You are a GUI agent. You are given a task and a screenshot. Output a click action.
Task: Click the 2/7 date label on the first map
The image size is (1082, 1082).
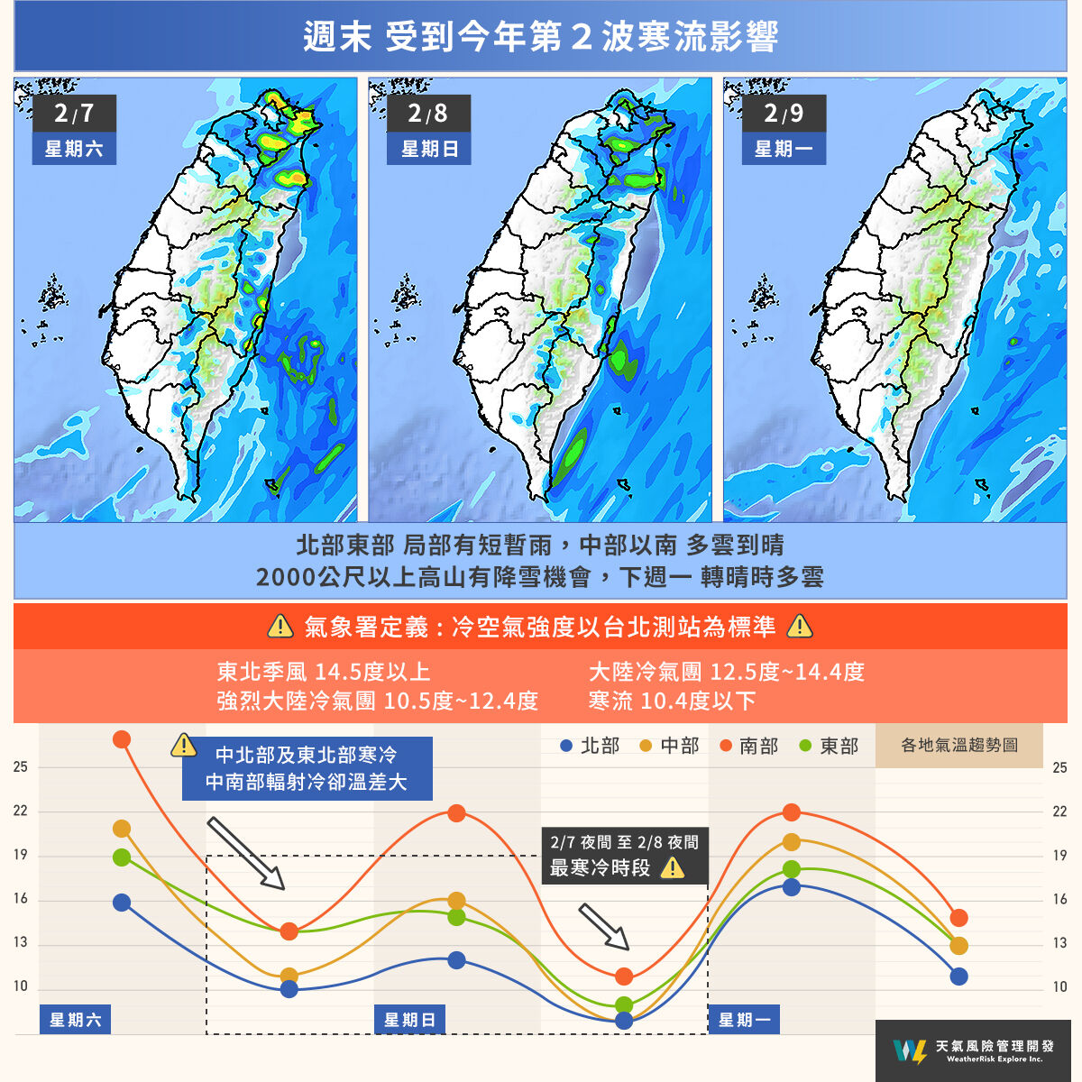[x=73, y=114]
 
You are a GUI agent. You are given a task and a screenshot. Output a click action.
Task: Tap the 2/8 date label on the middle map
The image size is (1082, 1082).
[x=427, y=114]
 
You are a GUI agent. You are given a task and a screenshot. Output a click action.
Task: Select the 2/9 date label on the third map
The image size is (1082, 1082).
[x=783, y=114]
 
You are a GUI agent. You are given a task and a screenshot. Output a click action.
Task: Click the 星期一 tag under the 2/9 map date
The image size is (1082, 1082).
[x=783, y=149]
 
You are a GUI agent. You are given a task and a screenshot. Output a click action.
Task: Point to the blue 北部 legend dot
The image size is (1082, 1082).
[x=566, y=747]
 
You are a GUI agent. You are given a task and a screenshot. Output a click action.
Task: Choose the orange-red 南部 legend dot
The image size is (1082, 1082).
[x=726, y=747]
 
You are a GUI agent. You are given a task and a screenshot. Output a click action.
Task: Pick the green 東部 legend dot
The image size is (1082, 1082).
[x=805, y=747]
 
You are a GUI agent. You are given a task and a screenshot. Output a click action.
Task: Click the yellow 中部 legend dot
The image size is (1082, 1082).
[x=646, y=747]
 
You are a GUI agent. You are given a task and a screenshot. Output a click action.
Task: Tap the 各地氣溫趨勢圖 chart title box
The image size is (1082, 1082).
[x=959, y=746]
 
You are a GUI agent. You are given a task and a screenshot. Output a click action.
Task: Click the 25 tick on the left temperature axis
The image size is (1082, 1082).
[x=21, y=767]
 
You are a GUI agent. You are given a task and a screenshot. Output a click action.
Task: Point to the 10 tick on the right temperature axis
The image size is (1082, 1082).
[x=1059, y=987]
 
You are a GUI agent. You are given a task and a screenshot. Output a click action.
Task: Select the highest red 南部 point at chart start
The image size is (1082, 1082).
[x=122, y=739]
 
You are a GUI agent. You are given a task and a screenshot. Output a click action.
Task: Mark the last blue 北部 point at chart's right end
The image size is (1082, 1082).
[x=958, y=977]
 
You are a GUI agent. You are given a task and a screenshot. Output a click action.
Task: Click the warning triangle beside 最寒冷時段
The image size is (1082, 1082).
[x=673, y=868]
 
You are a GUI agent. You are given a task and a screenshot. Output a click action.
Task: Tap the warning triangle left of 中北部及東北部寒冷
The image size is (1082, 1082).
[x=183, y=746]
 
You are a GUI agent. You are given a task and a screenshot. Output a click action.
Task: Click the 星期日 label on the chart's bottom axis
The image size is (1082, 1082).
[x=410, y=1020]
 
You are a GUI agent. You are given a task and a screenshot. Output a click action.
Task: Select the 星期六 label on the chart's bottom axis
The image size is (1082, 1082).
[x=75, y=1020]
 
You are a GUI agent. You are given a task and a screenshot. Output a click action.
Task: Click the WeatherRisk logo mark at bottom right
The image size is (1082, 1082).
[x=908, y=1050]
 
